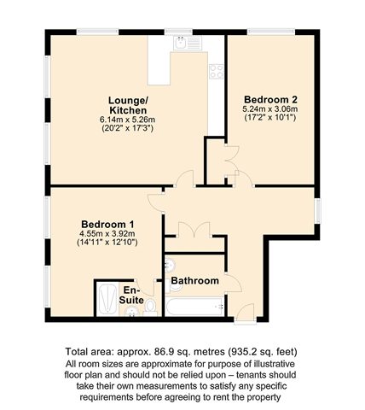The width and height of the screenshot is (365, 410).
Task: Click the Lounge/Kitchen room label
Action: [x=128, y=105]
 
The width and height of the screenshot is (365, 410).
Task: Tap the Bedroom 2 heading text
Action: [x=270, y=100]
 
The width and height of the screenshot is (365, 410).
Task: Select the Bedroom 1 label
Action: [x=107, y=224]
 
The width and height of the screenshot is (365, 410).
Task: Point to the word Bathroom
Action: [x=194, y=281]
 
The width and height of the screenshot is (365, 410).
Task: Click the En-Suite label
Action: [x=131, y=296]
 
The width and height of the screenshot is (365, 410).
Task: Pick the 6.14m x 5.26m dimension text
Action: [x=128, y=120]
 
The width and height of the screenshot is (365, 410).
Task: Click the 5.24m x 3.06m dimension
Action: [x=270, y=108]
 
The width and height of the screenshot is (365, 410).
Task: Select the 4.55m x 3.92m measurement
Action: [x=107, y=234]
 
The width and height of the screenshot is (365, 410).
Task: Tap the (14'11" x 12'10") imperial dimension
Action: [x=107, y=243]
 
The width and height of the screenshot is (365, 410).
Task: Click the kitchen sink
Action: [x=188, y=43]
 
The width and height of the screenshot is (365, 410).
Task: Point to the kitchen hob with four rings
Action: [x=217, y=72]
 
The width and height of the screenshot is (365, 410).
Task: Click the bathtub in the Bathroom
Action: [x=194, y=307]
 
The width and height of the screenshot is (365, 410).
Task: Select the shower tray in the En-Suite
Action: [x=107, y=299]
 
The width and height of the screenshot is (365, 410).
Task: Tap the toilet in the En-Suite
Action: [x=150, y=308]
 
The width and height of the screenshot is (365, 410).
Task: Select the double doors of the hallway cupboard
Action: [x=194, y=230]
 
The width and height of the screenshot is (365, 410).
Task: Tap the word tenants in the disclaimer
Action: [x=252, y=375]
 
